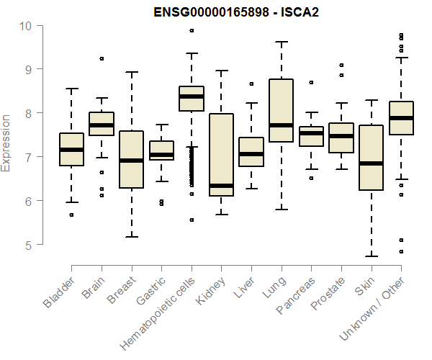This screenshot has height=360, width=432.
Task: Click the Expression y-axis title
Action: pyautogui.click(x=7, y=142)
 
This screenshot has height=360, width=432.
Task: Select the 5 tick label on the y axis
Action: pyautogui.click(x=27, y=245)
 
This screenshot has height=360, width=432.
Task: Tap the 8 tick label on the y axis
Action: pyautogui.click(x=27, y=114)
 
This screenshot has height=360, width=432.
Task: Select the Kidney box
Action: pyautogui.click(x=221, y=155)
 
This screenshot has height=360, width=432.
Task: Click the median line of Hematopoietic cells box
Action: pyautogui.click(x=192, y=96)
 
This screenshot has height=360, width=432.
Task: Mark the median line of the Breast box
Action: pyautogui.click(x=131, y=161)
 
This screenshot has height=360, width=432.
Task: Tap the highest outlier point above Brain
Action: pyautogui.click(x=102, y=58)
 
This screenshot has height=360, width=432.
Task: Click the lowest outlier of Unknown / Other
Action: pyautogui.click(x=401, y=251)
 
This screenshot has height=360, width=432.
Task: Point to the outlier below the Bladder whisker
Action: pyautogui.click(x=71, y=215)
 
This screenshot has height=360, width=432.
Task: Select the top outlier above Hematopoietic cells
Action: pyautogui.click(x=192, y=30)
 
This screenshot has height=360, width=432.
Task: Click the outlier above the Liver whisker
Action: pyautogui.click(x=251, y=84)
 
